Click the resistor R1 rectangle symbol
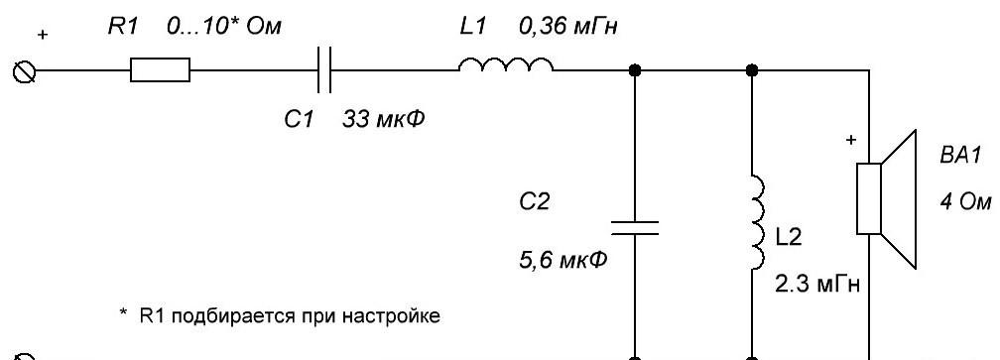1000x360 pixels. pos(160,69)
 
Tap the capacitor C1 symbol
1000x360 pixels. pos(324,69)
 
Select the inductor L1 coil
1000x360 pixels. pos(506,65)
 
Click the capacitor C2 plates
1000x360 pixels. pos(635,227)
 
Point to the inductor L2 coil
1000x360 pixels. pos(758,222)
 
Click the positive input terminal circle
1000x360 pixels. pos(25,72)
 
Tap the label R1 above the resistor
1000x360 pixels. pos(122,27)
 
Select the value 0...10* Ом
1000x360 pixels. pos(223,27)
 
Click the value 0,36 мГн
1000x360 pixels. pos(568,28)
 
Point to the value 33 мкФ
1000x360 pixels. pos(383,119)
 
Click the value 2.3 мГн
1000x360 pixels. pos(817,285)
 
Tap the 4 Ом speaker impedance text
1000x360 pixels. pos(965,202)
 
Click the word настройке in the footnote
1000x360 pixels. pos(397,316)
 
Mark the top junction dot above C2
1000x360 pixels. pos(635,70)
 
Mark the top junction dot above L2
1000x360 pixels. pos(753,70)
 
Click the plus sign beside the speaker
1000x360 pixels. pos(850,140)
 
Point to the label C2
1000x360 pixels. pos(533,202)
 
